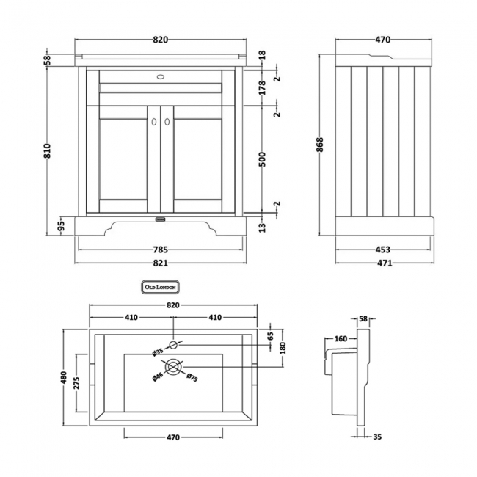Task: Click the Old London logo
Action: tap(159, 287)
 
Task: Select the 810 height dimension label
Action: tap(48, 150)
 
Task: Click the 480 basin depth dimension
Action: tap(64, 378)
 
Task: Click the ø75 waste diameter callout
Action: tap(191, 379)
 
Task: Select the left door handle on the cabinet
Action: tap(155, 121)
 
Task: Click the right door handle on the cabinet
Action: tap(167, 121)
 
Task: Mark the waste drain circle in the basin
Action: tap(173, 366)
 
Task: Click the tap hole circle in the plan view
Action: tap(173, 344)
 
